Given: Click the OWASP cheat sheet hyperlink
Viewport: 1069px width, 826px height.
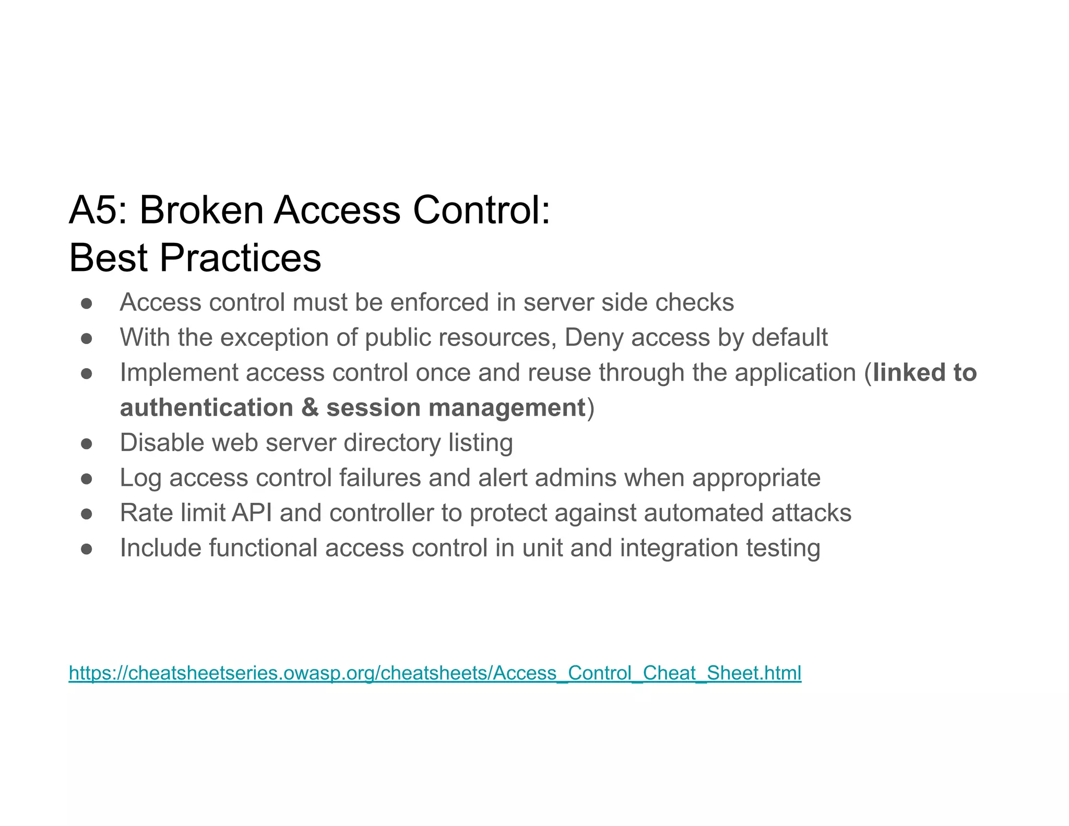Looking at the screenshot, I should (435, 672).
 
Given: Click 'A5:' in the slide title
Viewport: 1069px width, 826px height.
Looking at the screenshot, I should (98, 210).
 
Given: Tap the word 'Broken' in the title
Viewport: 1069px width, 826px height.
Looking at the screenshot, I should (201, 210).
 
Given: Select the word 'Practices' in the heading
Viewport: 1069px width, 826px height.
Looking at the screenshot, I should (240, 258).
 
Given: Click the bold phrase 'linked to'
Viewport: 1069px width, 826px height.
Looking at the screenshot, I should (924, 373).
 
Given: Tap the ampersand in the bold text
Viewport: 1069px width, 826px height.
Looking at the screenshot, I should (310, 408).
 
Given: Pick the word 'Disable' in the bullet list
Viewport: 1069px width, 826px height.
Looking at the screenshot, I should (163, 443).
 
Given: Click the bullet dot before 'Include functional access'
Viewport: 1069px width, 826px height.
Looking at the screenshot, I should (87, 549).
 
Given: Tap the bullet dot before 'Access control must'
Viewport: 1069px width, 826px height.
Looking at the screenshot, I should (87, 303).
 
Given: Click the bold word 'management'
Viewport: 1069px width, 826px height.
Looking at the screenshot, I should (507, 408).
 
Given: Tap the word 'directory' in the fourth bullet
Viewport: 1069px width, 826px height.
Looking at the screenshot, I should (392, 443).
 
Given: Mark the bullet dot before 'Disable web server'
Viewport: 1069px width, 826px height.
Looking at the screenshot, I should (87, 444).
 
